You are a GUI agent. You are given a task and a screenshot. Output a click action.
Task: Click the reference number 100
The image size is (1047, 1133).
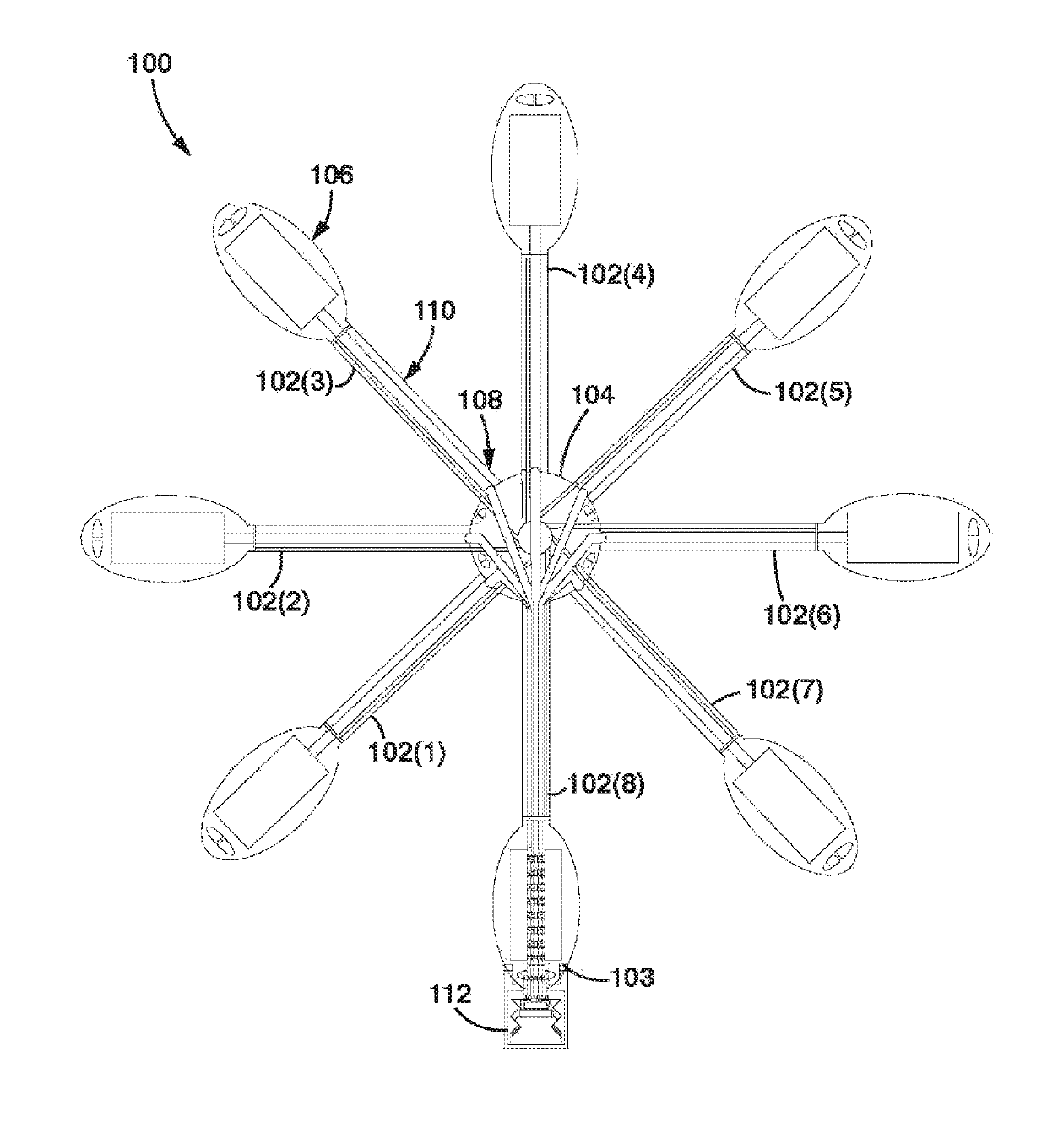pos(149,64)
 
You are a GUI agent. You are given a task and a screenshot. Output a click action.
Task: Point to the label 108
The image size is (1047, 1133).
pos(481,399)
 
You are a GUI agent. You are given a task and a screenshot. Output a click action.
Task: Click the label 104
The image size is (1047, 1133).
pos(593,394)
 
